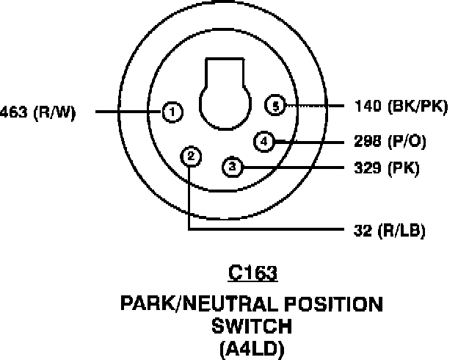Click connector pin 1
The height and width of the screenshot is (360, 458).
click(171, 112)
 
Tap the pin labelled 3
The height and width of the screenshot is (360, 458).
click(232, 167)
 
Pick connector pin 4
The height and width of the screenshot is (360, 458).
click(264, 140)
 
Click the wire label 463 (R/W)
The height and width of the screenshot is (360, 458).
click(37, 113)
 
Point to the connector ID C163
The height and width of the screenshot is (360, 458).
click(252, 273)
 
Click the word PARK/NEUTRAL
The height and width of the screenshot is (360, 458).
click(192, 303)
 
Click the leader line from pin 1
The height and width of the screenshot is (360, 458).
click(128, 112)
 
